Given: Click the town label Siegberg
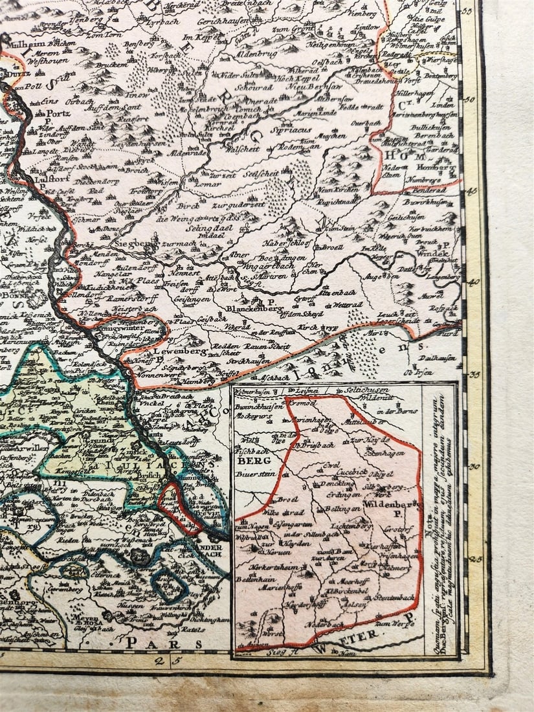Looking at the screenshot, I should pyautogui.click(x=134, y=243).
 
